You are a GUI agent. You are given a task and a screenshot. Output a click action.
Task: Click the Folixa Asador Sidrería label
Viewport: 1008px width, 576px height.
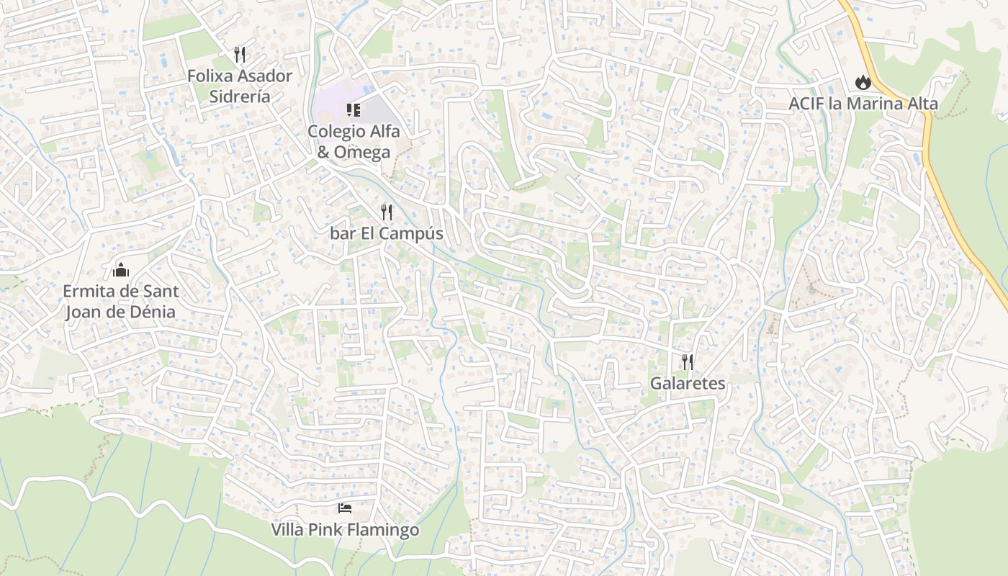240,86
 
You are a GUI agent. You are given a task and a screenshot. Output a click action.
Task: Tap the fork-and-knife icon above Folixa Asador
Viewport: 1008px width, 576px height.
240,54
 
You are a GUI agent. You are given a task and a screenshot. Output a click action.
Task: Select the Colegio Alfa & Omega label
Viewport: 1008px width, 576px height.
354,142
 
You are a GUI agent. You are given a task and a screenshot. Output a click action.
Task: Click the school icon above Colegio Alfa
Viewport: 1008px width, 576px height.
354,109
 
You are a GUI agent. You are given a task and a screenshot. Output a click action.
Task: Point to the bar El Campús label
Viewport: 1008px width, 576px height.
387,234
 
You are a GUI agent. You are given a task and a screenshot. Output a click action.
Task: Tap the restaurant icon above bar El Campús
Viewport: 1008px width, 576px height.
387,212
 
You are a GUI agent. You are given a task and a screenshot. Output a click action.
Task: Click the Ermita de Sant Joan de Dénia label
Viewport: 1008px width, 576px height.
120,302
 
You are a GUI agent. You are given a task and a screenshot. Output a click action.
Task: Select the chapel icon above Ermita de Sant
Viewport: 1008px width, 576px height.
120,270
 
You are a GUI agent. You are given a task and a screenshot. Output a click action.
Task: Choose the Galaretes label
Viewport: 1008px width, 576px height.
688,383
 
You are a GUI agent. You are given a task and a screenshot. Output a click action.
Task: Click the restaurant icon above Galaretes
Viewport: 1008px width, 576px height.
688,361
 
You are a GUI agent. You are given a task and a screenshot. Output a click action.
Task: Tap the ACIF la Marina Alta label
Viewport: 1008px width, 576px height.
863,104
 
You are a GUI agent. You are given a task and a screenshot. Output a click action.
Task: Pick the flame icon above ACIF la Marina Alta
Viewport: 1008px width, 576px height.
863,83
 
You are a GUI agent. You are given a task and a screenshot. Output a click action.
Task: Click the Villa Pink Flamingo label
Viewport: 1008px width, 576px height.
345,530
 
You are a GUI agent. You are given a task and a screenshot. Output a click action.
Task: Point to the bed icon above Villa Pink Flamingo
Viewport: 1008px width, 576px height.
345,508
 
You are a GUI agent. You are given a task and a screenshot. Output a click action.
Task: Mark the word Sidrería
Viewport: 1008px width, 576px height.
240,96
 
